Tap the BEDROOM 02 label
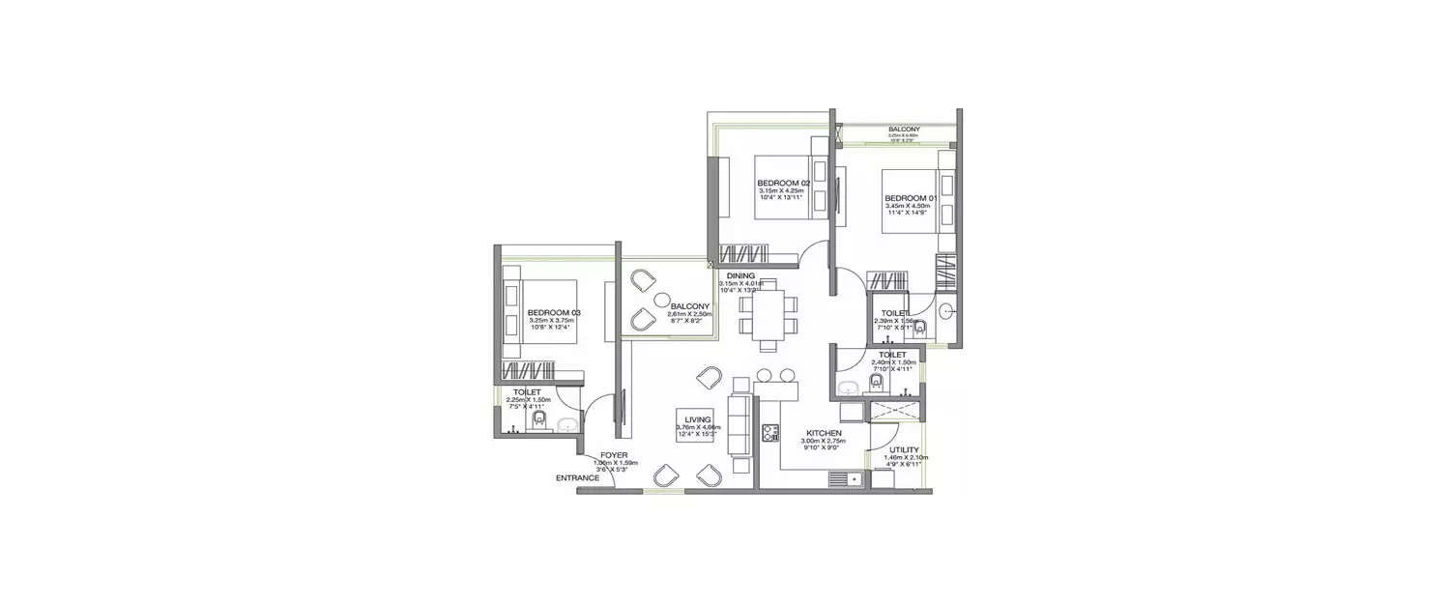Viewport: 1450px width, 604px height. click(782, 184)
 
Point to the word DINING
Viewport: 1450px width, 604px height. click(741, 275)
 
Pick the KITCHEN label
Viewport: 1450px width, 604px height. click(825, 433)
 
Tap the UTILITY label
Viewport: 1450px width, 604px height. click(904, 449)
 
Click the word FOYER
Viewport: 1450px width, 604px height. click(613, 454)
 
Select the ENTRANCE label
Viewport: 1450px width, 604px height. click(578, 477)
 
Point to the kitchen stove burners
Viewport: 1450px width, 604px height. click(771, 433)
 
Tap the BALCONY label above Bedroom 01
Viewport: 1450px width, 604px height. click(904, 129)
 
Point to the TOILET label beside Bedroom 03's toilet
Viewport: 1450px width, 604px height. click(527, 391)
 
